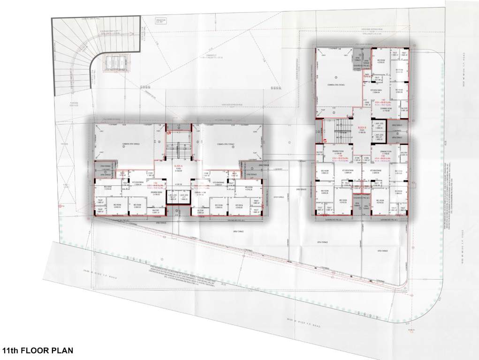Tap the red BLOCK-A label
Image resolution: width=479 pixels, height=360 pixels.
coord(178,166)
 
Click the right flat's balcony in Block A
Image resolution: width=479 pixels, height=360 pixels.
coord(202,212)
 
